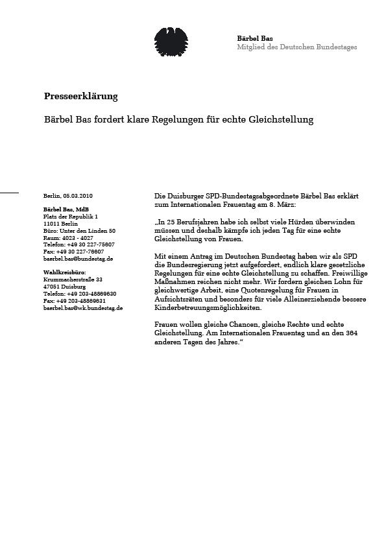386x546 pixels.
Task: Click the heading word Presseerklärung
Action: pos(80,97)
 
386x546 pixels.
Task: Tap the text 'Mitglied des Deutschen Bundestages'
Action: pos(296,47)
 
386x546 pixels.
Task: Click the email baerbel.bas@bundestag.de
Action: pos(78,259)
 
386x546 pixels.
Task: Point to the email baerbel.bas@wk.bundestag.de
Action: pos(83,308)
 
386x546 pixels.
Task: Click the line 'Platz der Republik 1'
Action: pos(70,216)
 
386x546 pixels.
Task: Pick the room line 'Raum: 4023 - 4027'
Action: pos(68,237)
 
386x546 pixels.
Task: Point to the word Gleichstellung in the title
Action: pos(281,120)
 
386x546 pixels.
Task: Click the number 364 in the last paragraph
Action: pos(351,333)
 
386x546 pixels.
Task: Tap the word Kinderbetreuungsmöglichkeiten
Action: pos(208,308)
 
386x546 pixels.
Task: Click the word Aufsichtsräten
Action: pos(179,299)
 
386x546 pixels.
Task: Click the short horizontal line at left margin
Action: pos(9,193)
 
